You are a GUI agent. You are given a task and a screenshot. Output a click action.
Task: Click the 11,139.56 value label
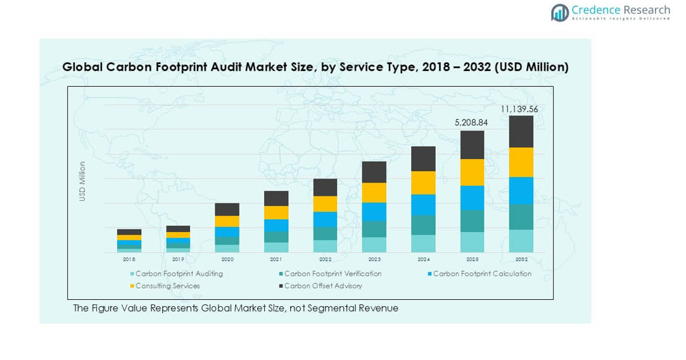point(519,109)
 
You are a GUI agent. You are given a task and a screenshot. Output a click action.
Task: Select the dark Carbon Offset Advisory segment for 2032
point(521,131)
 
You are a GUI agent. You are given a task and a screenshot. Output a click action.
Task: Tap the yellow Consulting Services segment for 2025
point(472,172)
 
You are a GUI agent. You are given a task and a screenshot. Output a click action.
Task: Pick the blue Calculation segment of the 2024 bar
point(423,205)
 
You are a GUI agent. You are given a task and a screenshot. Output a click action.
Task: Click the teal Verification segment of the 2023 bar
point(374,229)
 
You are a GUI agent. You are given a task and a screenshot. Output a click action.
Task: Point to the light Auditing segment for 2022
point(325,246)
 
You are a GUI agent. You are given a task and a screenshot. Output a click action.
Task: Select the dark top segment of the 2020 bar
point(227,209)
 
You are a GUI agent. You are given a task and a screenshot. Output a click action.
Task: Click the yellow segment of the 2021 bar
point(276,212)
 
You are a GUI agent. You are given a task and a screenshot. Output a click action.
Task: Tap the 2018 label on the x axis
point(129,259)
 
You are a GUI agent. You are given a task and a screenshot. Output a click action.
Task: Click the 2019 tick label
point(178,259)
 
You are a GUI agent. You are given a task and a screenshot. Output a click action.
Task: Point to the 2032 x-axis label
point(521,259)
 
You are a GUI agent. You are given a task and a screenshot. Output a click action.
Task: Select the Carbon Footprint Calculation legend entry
point(481,274)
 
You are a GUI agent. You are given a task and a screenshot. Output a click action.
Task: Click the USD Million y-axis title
point(82,182)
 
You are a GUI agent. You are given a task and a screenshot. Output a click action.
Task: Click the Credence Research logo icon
point(559,13)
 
